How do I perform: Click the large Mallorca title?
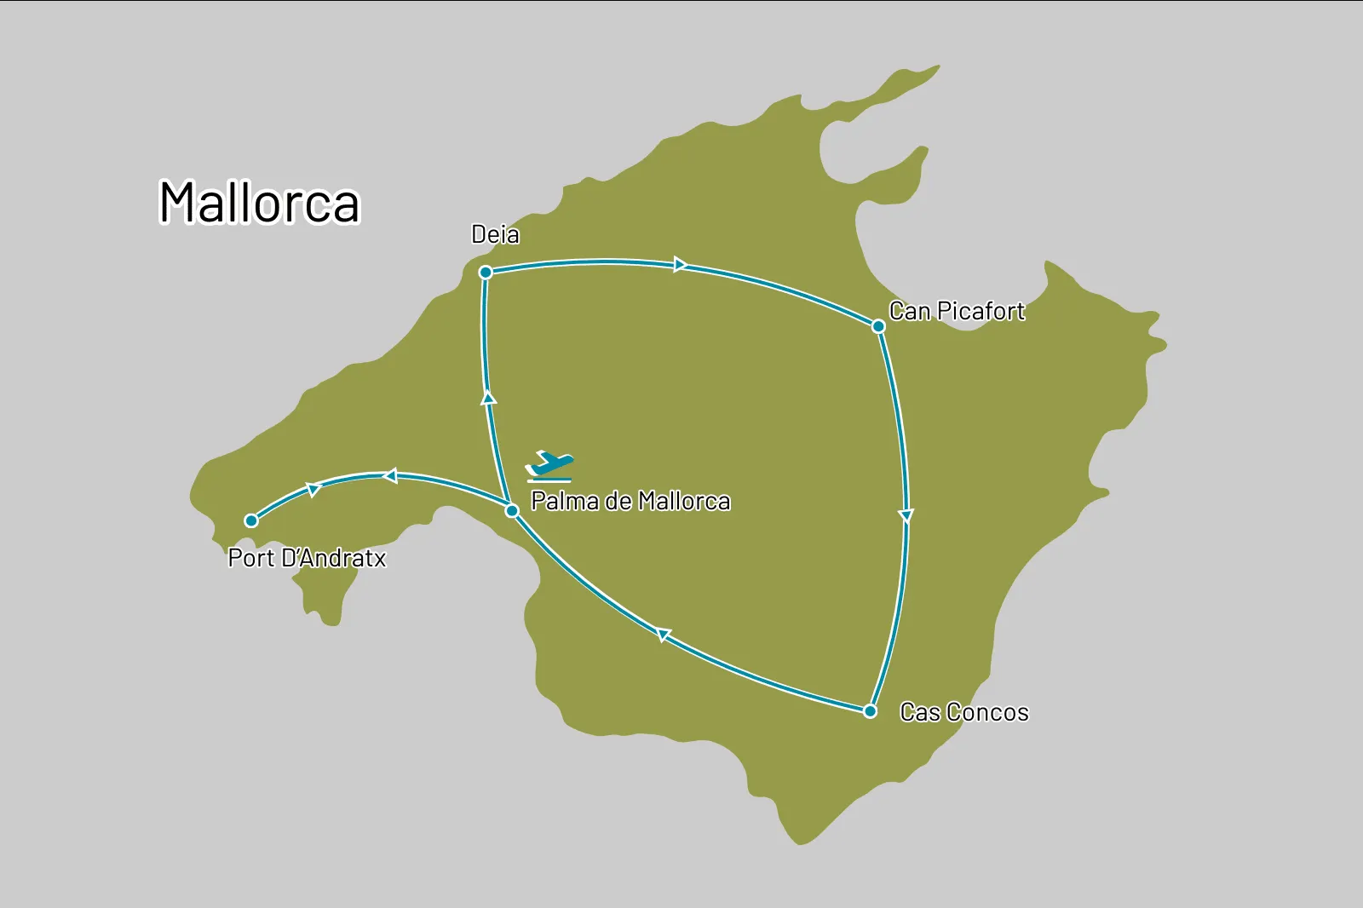260,203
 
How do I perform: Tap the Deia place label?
495,234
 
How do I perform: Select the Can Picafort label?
957,311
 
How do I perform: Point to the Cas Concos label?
964,712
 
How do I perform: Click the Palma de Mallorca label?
630,501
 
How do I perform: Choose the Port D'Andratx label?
307,558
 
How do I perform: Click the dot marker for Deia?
486,273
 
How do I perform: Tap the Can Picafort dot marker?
878,326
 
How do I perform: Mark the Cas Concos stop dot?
870,711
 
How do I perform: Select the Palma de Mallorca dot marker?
512,511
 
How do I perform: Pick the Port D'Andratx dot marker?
251,520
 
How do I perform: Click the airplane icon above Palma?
549,466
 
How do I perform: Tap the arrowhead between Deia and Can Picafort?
680,265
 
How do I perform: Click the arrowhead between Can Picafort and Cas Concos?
906,515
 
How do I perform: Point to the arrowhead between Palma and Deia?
489,397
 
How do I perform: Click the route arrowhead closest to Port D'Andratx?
313,489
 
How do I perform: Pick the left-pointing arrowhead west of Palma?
390,475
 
